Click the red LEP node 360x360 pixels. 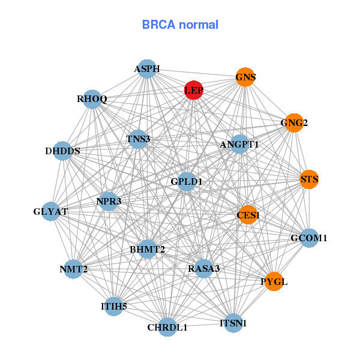(x=193, y=90)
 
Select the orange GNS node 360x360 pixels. (x=245, y=77)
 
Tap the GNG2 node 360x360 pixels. (x=293, y=123)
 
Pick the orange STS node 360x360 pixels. (x=309, y=179)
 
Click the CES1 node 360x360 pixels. (x=248, y=215)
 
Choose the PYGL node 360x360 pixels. (x=274, y=281)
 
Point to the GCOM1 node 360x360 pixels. (x=308, y=238)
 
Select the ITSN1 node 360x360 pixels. (x=233, y=323)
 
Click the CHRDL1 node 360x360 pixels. (x=168, y=327)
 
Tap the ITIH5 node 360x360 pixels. (x=114, y=307)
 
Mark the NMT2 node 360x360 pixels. (x=73, y=269)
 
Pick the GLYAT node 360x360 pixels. (x=51, y=211)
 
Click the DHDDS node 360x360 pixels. (x=63, y=151)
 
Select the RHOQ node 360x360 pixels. (x=92, y=99)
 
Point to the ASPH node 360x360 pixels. (x=147, y=69)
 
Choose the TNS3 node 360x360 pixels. (x=138, y=139)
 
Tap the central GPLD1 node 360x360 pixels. (x=187, y=181)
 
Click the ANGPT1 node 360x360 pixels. (x=239, y=144)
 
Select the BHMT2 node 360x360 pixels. (x=147, y=249)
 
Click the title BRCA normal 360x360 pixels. (x=180, y=25)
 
